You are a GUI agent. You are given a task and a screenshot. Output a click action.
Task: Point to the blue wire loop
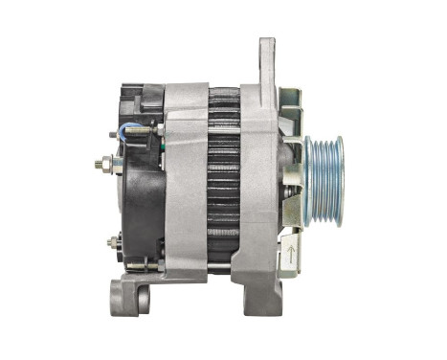pyautogui.click(x=131, y=133)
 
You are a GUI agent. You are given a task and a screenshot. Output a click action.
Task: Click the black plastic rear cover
pyautogui.click(x=141, y=201)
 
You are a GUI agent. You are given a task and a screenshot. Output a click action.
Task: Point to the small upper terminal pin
pyautogui.click(x=114, y=135)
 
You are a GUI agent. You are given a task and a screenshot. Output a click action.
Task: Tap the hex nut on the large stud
pyautogui.click(x=100, y=164)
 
